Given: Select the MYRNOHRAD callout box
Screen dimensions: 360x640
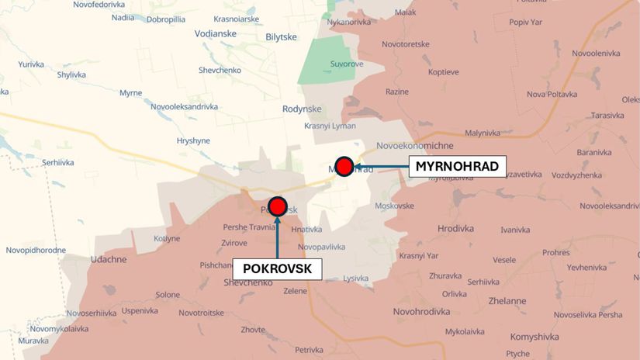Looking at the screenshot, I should coord(457,166).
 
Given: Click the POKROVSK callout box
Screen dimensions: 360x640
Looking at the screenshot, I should coord(277,268).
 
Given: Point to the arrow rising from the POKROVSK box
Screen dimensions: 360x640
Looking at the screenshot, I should coord(277,237).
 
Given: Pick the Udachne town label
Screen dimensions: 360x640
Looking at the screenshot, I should coord(109,259).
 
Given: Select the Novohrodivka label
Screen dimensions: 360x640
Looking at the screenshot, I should coord(422,311).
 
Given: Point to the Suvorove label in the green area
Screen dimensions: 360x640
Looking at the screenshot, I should coord(346,64).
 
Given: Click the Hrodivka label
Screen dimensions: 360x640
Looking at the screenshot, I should coord(456,228).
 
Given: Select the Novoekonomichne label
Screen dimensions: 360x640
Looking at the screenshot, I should coord(416,146).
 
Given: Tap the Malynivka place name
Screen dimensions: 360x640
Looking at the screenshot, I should coord(483,133).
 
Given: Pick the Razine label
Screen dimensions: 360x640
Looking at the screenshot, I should coord(396,92).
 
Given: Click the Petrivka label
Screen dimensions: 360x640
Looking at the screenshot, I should coord(309,350).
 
